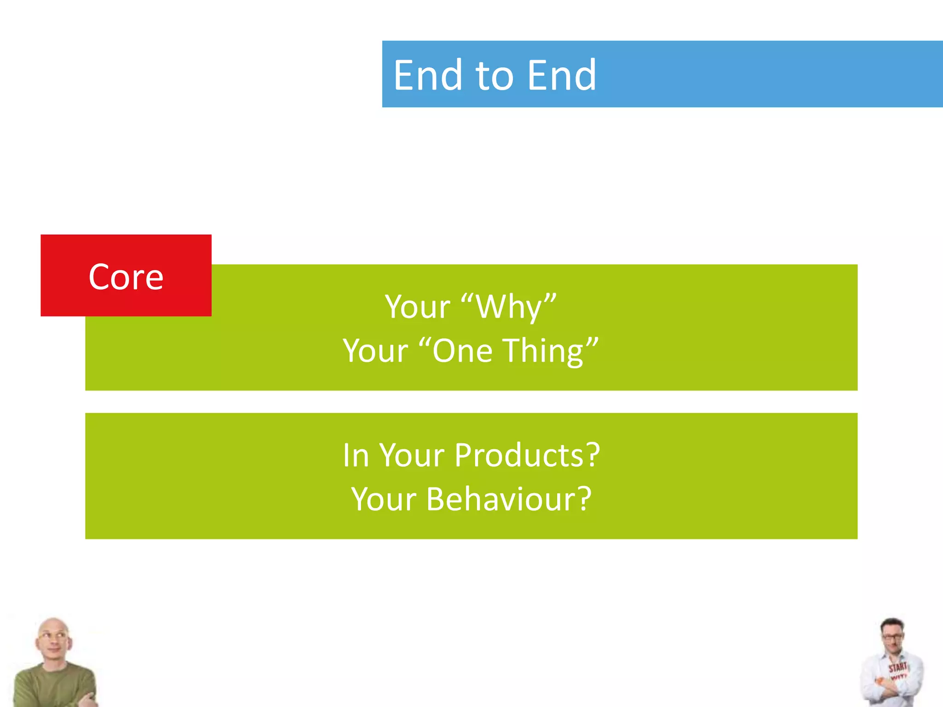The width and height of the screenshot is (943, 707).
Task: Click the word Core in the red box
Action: coord(126,277)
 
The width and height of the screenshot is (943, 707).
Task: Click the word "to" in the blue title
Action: coord(494,76)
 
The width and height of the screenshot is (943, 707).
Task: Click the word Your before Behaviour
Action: coord(384,499)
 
